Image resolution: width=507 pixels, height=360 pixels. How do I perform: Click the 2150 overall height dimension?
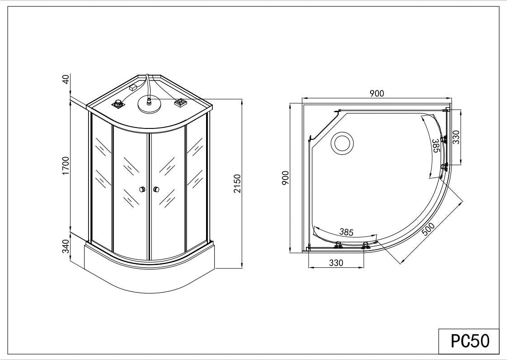(238, 184)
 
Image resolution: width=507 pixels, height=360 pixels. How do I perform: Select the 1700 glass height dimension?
(66, 166)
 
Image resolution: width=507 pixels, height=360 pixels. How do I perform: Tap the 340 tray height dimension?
(66, 246)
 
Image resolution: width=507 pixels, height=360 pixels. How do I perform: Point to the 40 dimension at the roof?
(66, 79)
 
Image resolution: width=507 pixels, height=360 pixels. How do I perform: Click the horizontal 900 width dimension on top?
(377, 93)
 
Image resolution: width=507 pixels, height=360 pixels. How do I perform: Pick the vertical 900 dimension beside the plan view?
(285, 178)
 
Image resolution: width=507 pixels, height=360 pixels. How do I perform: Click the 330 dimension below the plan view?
(336, 263)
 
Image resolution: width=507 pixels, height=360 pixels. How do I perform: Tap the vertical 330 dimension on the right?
(456, 137)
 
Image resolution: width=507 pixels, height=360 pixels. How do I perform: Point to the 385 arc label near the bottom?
(346, 232)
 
